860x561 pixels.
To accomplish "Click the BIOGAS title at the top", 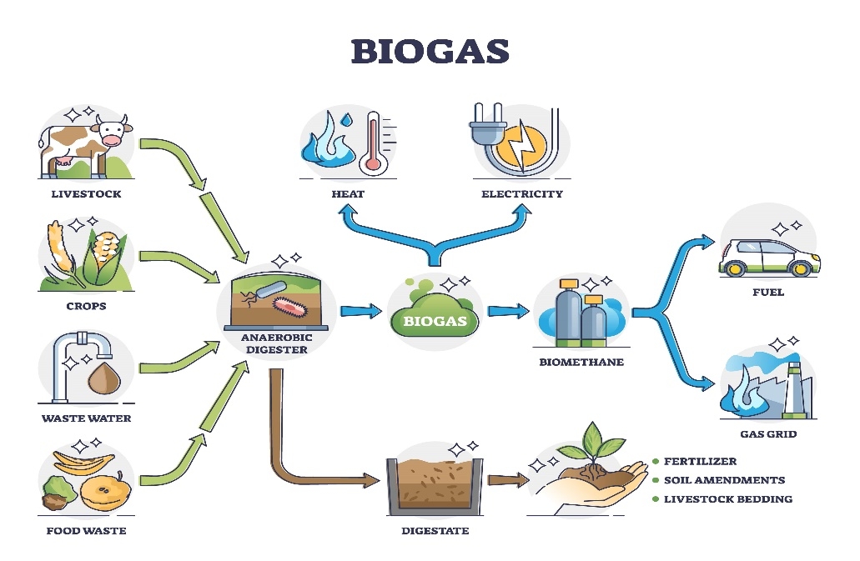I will pos(430,51).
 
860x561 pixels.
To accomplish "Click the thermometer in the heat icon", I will pos(373,142).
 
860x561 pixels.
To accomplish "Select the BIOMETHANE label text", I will pos(581,362).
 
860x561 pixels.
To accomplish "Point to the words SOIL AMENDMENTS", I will pos(723,480).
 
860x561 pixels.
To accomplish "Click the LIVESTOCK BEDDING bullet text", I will pos(727,499).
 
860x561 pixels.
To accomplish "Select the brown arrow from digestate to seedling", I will pos(508,480).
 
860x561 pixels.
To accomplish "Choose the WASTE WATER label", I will pos(87,418).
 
